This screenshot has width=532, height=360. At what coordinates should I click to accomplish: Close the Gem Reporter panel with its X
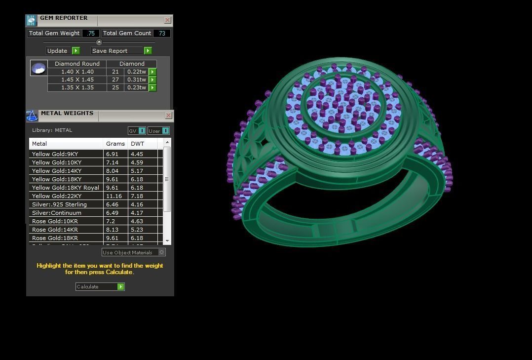[x=167, y=20]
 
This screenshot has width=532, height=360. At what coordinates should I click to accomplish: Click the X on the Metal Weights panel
[x=168, y=116]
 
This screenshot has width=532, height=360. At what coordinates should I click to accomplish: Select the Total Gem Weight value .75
[x=90, y=33]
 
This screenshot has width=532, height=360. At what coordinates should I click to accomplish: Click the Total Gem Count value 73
[x=162, y=33]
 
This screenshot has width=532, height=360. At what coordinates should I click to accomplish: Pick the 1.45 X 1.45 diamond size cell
[x=77, y=80]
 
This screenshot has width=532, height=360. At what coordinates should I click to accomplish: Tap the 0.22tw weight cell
[x=136, y=72]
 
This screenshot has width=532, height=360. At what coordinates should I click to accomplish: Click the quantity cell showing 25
[x=115, y=87]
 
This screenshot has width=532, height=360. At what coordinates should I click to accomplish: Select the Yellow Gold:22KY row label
[x=57, y=196]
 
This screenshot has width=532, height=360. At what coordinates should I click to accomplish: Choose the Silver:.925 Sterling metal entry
[x=59, y=204]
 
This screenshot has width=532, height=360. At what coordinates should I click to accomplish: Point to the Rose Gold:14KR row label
[x=55, y=230]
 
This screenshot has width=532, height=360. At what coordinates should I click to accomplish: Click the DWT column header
[x=138, y=144]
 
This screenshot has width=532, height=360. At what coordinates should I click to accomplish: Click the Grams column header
[x=115, y=144]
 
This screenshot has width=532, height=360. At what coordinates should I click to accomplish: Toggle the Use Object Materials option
[x=161, y=252]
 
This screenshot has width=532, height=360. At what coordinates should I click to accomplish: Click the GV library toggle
[x=137, y=131]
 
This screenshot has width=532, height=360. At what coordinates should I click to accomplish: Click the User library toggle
[x=158, y=131]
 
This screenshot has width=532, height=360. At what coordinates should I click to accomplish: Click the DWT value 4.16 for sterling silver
[x=137, y=204]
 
